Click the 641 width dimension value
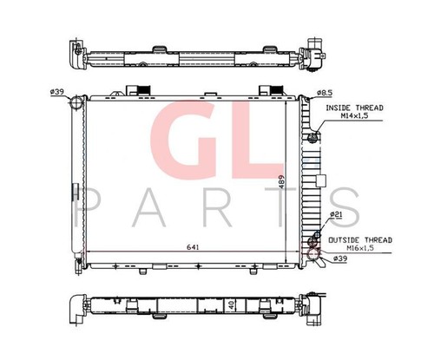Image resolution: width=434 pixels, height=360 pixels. [193, 247]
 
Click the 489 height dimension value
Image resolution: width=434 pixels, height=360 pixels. [282, 181]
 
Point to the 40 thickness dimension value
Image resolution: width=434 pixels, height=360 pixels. [231, 305]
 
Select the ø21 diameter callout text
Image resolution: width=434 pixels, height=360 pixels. [337, 214]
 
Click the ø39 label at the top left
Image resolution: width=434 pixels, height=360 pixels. [57, 92]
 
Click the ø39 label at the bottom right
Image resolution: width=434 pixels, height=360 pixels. [340, 259]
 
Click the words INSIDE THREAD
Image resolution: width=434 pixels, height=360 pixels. [354, 108]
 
